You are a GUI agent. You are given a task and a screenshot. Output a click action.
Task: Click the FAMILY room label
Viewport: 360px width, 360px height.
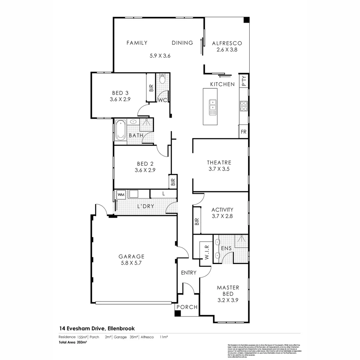[137, 43]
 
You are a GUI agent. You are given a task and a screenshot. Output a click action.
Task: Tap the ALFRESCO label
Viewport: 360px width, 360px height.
[227, 43]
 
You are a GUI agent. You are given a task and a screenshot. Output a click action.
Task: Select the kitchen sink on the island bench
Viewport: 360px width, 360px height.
[212, 107]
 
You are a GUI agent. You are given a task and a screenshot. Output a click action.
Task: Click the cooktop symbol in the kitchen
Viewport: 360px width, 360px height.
[244, 106]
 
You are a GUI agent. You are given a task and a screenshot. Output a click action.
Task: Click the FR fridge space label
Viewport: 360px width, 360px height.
[244, 132]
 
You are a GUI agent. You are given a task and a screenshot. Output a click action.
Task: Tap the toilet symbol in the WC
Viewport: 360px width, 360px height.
[162, 79]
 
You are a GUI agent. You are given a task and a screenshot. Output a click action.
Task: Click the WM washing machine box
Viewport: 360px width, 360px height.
[121, 194]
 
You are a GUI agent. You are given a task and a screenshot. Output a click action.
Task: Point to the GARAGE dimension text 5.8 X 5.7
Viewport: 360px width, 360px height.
[131, 263]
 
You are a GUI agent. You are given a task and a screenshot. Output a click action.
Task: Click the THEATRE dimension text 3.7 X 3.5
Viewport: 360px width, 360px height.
[219, 169]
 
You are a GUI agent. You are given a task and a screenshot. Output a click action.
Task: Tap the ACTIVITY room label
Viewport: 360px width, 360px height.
[222, 210]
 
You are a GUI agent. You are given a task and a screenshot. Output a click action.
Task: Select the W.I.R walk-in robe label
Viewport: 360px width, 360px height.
[206, 252]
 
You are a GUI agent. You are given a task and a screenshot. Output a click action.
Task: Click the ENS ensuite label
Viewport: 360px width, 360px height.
[226, 249]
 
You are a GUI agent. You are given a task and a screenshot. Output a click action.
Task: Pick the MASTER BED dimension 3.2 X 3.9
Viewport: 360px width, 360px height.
[228, 300]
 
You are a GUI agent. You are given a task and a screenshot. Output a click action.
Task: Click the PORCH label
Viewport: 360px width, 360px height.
[187, 307]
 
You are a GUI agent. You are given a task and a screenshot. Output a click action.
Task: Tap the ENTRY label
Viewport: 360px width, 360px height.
[189, 273]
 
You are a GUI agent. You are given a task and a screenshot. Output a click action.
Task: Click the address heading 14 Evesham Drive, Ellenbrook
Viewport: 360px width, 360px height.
[97, 328]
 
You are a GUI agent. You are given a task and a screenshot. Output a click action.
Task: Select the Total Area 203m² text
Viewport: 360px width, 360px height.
[73, 342]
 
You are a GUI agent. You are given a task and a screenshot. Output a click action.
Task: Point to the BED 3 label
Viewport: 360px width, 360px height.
[120, 93]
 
